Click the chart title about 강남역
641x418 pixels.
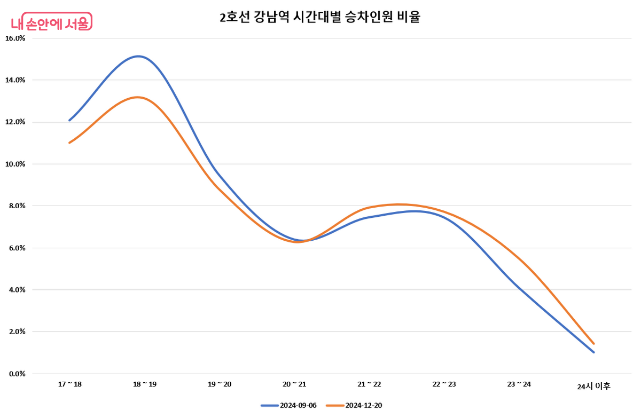click(320, 17)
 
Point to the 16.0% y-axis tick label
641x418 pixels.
click(15, 38)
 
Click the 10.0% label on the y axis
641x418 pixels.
click(15, 164)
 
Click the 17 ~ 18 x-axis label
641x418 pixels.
click(70, 384)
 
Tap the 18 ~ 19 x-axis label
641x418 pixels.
click(145, 384)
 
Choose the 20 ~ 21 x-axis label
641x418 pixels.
click(294, 384)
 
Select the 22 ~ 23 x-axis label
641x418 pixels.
click(444, 384)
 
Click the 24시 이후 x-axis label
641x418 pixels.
click(593, 386)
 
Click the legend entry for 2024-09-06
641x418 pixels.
click(289, 406)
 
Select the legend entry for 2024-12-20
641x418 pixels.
click(355, 406)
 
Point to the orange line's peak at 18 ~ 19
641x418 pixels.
click(138, 97)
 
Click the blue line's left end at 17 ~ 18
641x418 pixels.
click(70, 120)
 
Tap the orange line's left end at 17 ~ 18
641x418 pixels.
click(70, 143)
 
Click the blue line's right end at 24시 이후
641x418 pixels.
click(593, 352)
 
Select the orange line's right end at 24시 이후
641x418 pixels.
click(593, 344)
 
